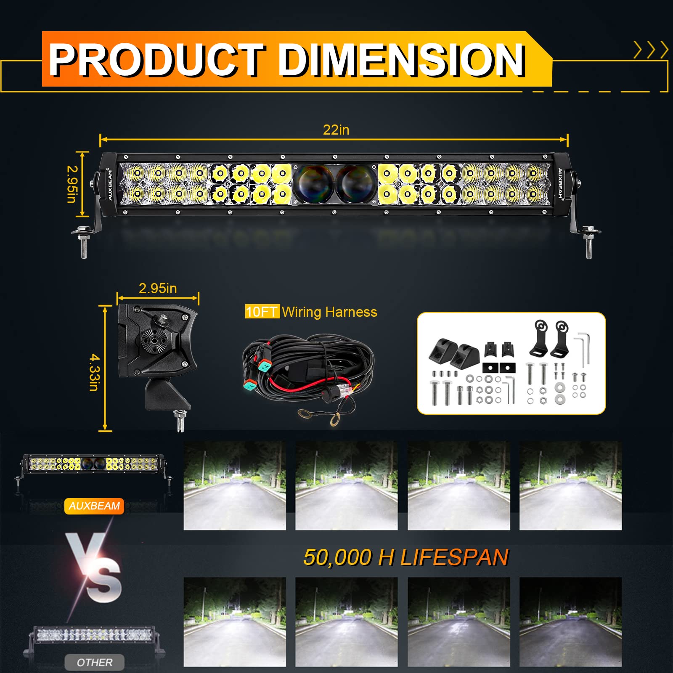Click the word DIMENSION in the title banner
pos(401,61)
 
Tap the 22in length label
pos(336,130)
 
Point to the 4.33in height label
pos(94,372)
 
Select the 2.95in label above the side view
pos(158,289)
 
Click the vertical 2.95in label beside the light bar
pos(72,184)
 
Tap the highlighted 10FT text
pos(262,312)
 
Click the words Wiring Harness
pos(329,312)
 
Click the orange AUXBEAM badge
pos(94,506)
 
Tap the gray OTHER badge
pos(95,662)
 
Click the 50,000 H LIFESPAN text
pos(406,557)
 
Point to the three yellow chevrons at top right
pos(651,50)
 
